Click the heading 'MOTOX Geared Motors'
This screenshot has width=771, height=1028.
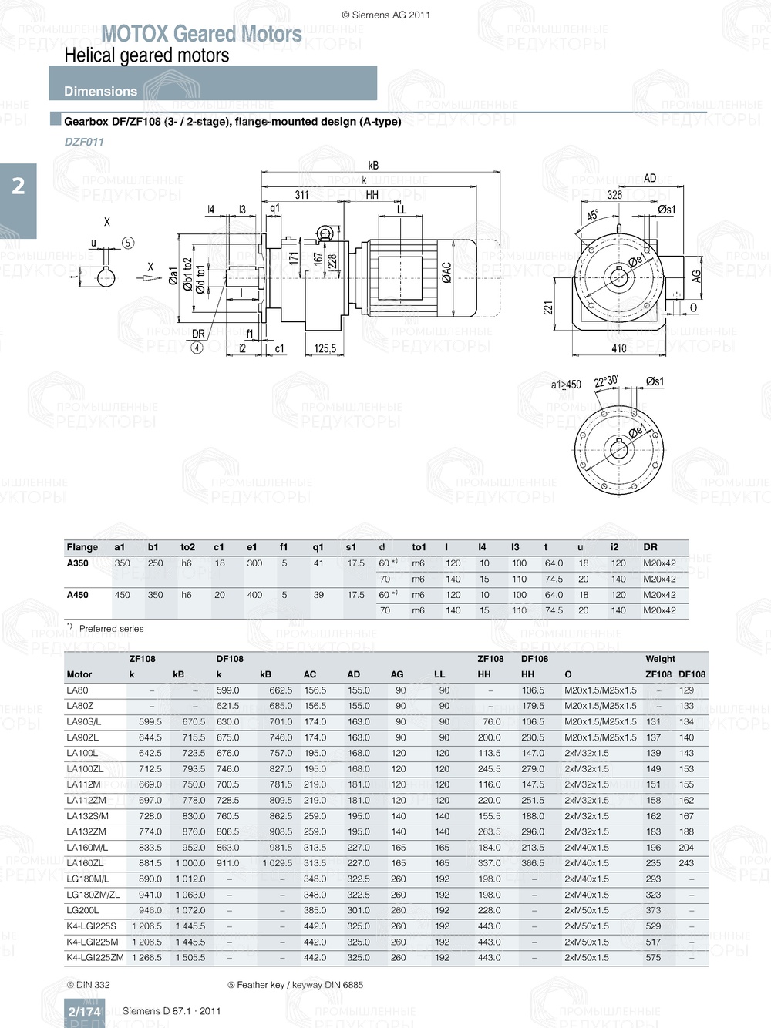(x=201, y=34)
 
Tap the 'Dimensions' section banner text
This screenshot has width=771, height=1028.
(x=100, y=91)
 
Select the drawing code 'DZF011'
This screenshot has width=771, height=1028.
(x=83, y=142)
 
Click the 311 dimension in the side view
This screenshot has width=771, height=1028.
(x=301, y=195)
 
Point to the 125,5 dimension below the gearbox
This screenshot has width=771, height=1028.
(x=325, y=348)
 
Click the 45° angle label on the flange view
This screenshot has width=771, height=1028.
(x=592, y=215)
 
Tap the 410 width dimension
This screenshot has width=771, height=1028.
(x=618, y=348)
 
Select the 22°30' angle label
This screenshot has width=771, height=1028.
(x=605, y=381)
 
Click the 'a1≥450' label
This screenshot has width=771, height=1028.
(x=566, y=385)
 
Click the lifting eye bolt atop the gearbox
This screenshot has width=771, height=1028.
(x=325, y=234)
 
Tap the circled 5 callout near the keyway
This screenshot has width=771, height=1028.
(x=128, y=243)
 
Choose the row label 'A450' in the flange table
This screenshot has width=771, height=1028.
(x=77, y=595)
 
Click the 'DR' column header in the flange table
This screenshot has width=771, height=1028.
(x=650, y=547)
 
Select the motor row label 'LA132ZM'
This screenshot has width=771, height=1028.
(x=86, y=831)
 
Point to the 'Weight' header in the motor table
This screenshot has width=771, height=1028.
(x=660, y=659)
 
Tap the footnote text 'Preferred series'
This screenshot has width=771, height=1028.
(x=111, y=629)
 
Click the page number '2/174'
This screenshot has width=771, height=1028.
(x=84, y=1012)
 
